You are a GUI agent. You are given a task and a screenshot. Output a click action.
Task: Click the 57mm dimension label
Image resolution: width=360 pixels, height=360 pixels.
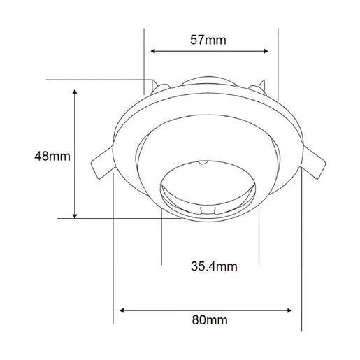[208, 40]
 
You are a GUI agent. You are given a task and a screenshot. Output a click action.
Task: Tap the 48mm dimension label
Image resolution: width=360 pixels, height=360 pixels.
[52, 156]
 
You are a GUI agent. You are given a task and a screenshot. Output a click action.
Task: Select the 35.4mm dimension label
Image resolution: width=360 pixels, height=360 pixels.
[214, 266]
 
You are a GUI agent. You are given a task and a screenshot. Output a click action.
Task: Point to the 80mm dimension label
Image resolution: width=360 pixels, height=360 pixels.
[210, 320]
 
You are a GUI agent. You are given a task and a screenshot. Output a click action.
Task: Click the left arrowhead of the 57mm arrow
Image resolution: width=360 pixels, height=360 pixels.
[153, 51]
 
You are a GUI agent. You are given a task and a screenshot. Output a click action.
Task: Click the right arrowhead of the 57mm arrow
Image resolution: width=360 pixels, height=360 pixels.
[266, 51]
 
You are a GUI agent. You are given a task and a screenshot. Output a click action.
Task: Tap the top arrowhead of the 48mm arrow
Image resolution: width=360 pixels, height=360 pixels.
[75, 92]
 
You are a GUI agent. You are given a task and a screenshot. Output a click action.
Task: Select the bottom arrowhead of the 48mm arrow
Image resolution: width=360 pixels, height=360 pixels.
[75, 216]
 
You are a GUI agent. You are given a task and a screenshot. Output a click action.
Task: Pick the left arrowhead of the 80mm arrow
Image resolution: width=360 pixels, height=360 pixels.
[122, 310]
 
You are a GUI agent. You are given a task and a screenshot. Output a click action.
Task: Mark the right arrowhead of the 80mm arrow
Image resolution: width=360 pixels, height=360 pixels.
[289, 310]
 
